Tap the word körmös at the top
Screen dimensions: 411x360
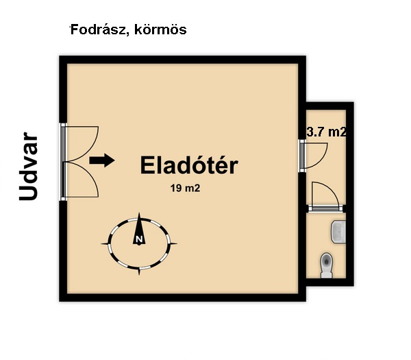coord(160,29)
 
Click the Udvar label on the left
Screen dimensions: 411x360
coord(28,167)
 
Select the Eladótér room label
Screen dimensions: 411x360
coord(189,165)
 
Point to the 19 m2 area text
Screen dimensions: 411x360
coord(186,188)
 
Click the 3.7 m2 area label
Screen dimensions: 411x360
coord(327,132)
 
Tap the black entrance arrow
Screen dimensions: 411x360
coord(102,160)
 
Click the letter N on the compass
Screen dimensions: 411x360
coord(139,239)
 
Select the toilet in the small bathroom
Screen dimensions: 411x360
coord(326,265)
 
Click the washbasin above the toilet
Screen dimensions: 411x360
coord(338,232)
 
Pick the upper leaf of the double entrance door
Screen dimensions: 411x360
coord(82,143)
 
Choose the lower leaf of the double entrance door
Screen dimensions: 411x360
coord(82,179)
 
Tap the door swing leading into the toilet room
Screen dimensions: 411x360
coord(325,193)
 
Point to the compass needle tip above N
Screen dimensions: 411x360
coord(139,213)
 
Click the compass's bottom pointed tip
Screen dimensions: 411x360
coord(139,275)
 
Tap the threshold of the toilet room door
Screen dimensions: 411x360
coord(326,208)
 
